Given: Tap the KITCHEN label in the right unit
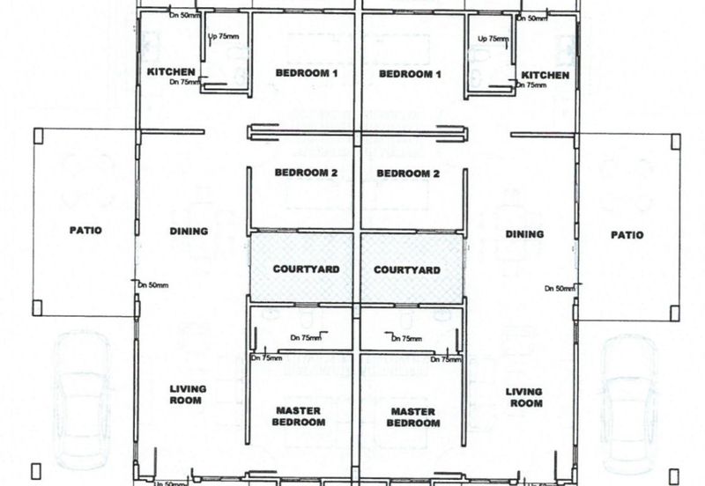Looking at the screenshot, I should tap(545, 76).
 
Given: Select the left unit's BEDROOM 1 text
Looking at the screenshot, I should tap(307, 74).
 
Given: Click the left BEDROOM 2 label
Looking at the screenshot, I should tap(306, 173).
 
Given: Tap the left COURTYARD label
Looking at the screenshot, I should tap(301, 269).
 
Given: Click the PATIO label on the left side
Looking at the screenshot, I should tap(85, 231).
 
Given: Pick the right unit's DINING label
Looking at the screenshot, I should tap(524, 234).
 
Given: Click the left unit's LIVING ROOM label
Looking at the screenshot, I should tap(187, 394).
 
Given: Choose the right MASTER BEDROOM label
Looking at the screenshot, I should tap(413, 417).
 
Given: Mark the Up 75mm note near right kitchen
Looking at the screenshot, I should tap(493, 39).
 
